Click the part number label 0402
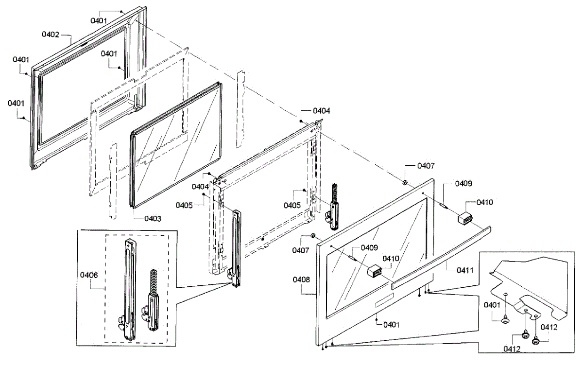click(51, 35)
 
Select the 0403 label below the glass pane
click(153, 219)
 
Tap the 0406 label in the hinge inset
click(89, 275)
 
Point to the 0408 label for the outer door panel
click(301, 280)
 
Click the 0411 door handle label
click(465, 270)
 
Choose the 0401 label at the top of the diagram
click(99, 20)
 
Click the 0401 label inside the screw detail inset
click(492, 305)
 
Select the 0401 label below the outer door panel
click(392, 325)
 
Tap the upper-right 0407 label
click(426, 166)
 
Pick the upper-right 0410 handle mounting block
click(465, 217)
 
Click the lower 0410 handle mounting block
click(375, 271)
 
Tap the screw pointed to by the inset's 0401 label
click(505, 320)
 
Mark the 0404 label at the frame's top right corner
click(322, 111)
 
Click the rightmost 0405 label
click(292, 205)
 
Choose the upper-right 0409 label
click(463, 184)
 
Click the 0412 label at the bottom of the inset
click(512, 349)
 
